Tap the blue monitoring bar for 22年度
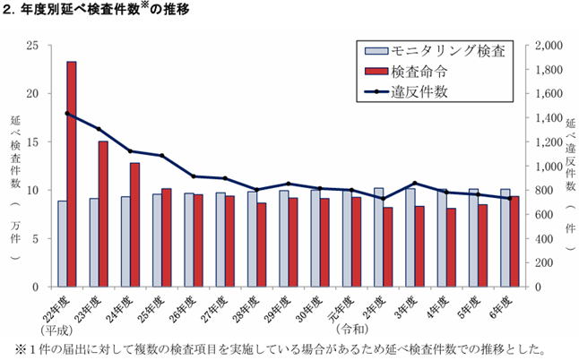pyautogui.click(x=62, y=244)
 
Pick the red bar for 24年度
pyautogui.click(x=134, y=225)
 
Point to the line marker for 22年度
pyautogui.click(x=67, y=114)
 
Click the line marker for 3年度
pyautogui.click(x=415, y=184)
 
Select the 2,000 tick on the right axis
pyautogui.click(x=548, y=45)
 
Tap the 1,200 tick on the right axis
pyautogui.click(x=548, y=141)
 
